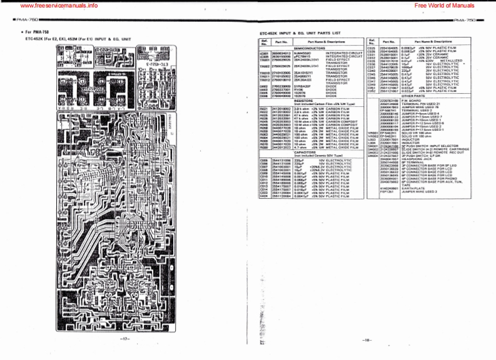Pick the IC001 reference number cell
pyautogui.click(x=264, y=53)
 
